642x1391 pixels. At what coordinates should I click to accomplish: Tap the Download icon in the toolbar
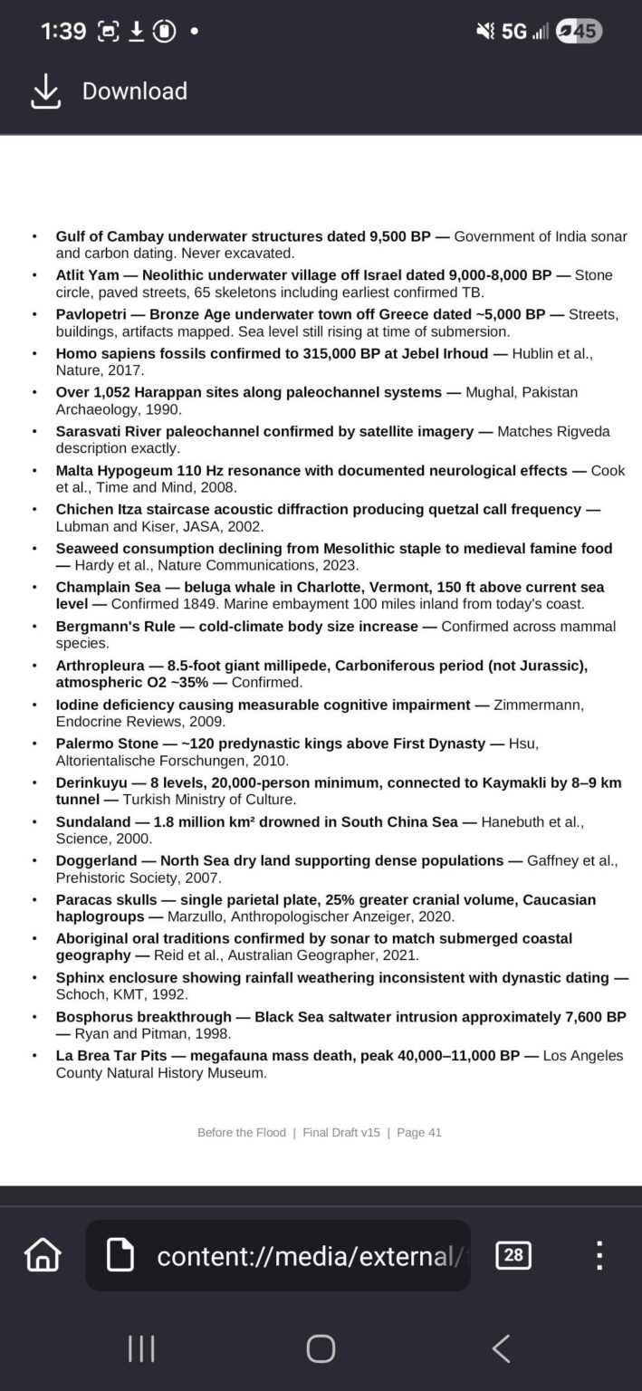45,91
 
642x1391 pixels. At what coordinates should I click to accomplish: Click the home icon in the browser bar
43,1255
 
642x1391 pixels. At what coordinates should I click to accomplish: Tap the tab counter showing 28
513,1255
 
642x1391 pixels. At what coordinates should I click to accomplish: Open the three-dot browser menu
599,1255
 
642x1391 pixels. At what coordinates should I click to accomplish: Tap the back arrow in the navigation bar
501,1348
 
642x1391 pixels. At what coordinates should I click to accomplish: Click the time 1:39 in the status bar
63,32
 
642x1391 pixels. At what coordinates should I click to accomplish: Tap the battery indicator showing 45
580,32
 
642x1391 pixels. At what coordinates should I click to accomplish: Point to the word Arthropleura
101,666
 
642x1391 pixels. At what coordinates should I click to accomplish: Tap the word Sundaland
91,821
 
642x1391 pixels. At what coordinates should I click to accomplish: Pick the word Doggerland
96,860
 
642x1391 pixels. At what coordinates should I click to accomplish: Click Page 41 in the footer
419,1132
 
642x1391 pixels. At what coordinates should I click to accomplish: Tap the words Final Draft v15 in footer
341,1132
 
